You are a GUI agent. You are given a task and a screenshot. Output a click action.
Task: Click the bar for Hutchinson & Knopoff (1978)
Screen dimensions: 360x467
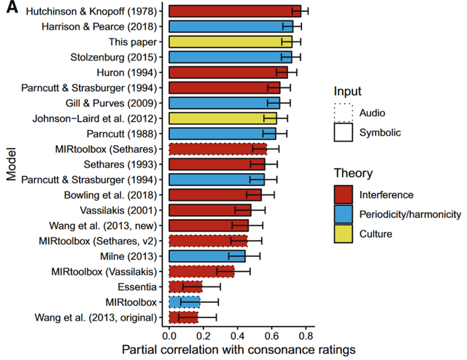coord(235,11)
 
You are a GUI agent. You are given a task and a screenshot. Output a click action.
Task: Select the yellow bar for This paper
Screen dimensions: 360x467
coord(231,41)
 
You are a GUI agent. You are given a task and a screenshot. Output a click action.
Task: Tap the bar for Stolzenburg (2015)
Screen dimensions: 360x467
coord(231,57)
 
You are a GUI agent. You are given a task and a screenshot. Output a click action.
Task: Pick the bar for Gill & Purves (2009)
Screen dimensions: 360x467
coord(224,103)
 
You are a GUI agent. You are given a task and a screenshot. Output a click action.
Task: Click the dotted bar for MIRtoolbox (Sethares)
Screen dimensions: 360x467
coord(218,149)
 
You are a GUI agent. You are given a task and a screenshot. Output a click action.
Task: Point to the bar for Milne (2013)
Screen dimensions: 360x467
coord(207,256)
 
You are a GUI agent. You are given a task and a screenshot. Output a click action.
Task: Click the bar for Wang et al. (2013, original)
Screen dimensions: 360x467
coord(184,317)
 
